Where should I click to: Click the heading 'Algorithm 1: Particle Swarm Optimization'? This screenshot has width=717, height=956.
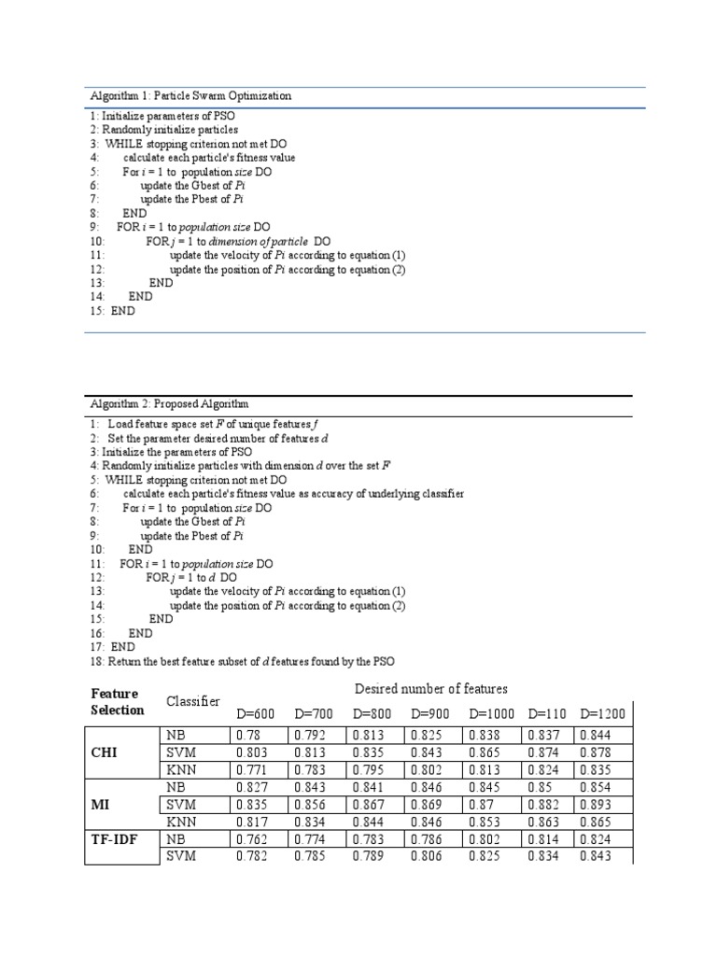point(190,96)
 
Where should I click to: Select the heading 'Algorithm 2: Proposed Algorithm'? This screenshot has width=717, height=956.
point(169,404)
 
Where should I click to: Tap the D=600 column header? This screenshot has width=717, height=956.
point(256,713)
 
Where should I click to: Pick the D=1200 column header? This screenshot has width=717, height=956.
point(603,713)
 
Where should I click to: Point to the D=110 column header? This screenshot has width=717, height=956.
point(547,713)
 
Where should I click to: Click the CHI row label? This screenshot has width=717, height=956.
point(105,752)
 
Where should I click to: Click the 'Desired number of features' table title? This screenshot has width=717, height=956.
point(430,689)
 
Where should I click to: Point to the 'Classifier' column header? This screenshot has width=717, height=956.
point(192,701)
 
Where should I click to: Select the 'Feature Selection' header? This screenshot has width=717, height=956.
point(118,702)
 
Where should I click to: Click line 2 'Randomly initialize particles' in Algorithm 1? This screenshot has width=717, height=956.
point(164,130)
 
